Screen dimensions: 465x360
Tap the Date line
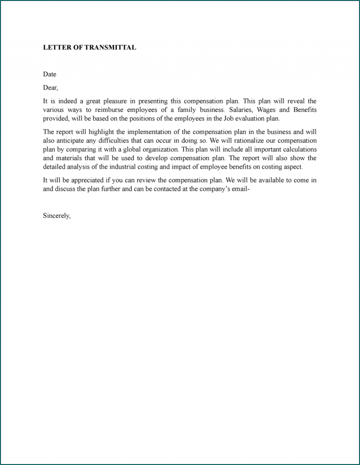click(50, 74)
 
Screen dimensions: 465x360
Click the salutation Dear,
click(51, 88)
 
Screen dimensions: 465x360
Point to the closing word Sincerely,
click(57, 216)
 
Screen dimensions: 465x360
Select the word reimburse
click(115, 110)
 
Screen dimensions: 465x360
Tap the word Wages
click(270, 110)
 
